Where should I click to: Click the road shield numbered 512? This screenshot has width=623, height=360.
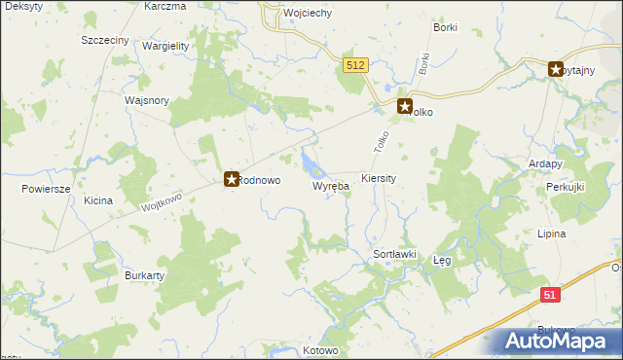point(355,65)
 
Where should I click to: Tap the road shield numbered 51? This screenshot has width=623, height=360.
point(551,295)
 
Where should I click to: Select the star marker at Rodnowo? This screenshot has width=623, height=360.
point(232,179)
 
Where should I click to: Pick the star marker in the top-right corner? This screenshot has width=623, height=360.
point(556,69)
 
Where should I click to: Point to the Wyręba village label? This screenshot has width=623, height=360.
point(330,186)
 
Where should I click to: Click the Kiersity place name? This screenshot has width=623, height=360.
point(378,179)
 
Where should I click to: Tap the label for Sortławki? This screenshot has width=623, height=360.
point(395,254)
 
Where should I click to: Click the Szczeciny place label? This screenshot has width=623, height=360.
point(106,41)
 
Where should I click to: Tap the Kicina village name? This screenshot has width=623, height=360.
point(98,200)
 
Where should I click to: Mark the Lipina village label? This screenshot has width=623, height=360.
point(552,234)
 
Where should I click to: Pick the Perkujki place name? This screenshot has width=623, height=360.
point(564,186)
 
